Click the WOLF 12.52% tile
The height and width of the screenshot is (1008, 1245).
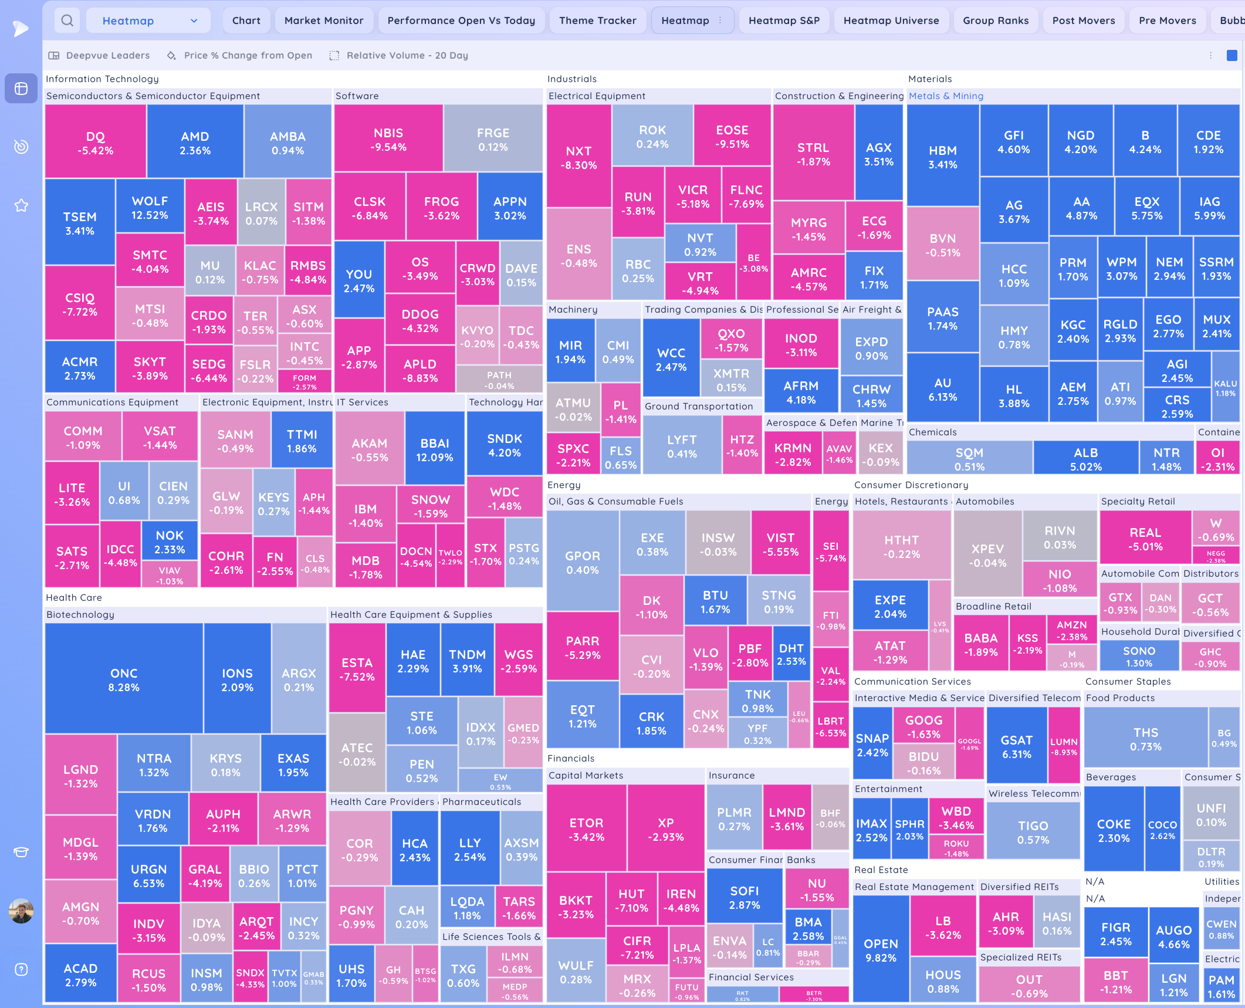(x=150, y=208)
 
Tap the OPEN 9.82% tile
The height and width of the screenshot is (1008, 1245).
(x=881, y=950)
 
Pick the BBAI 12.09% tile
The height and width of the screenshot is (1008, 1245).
(x=434, y=449)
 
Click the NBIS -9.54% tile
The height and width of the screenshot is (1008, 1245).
(x=388, y=139)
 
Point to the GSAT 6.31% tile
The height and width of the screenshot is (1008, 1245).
(x=1016, y=746)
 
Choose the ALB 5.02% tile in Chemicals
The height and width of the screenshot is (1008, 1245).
(x=1085, y=459)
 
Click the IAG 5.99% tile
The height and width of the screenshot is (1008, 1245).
(x=1209, y=208)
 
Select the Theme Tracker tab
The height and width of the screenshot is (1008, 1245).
(x=597, y=21)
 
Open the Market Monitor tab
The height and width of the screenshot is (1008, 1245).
(x=324, y=21)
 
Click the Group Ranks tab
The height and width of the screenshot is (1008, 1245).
(x=995, y=21)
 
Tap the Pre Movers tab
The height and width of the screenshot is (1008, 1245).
(x=1167, y=21)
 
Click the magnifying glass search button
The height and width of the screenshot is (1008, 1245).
(x=67, y=21)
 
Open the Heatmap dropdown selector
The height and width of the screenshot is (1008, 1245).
(x=148, y=21)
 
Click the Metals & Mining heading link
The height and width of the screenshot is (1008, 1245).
(x=946, y=96)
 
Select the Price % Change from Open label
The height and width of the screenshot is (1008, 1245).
(x=248, y=55)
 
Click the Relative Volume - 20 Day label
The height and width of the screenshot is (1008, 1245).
(x=407, y=55)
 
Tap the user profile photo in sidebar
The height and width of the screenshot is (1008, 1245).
(x=21, y=911)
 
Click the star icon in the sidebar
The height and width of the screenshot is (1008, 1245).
(x=21, y=205)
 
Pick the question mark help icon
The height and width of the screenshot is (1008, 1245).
(x=21, y=969)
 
